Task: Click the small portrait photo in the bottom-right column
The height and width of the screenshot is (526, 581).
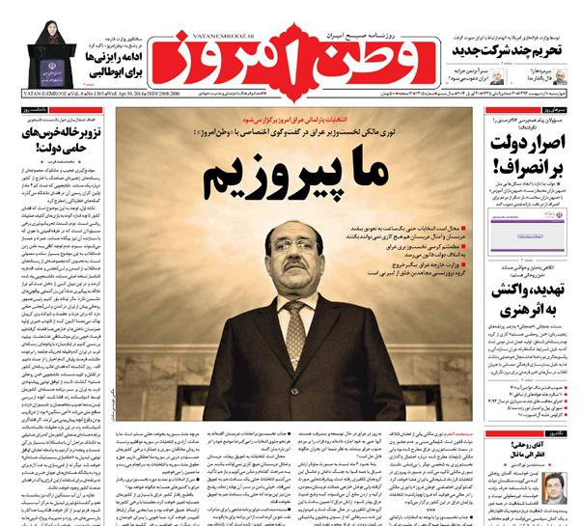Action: (x=554, y=488)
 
